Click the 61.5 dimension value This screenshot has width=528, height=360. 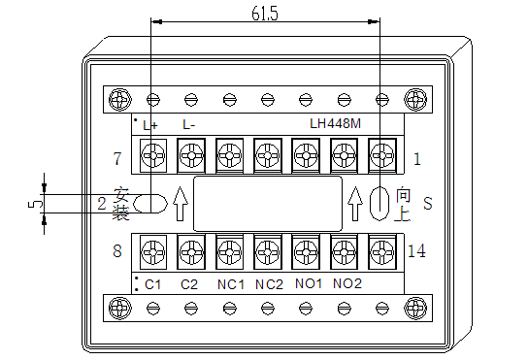(x=265, y=14)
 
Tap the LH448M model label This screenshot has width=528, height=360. (x=336, y=123)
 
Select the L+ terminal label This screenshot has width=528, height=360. (x=150, y=125)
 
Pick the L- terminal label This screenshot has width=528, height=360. (x=189, y=125)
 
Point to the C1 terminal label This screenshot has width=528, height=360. (x=153, y=284)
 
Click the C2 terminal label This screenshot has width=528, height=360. (x=189, y=284)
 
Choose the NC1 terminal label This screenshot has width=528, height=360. (x=231, y=284)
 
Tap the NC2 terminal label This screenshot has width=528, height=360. (x=269, y=284)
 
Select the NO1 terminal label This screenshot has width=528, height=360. (x=309, y=283)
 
